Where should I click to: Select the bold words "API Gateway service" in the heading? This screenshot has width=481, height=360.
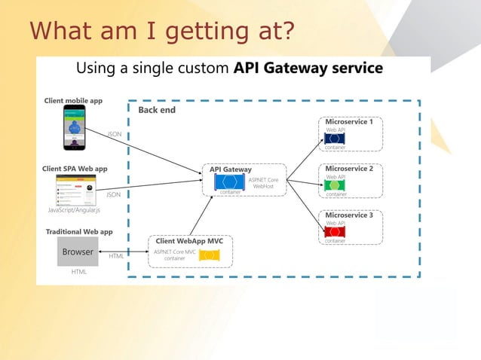coord(308,69)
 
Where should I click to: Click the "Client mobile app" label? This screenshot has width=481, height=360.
coord(73,100)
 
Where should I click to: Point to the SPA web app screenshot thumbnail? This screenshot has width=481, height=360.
coord(75,191)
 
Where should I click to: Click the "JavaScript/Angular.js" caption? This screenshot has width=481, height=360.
coord(74,210)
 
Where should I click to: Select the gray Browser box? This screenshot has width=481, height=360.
coord(78,252)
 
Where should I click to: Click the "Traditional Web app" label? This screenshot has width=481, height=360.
coord(79,232)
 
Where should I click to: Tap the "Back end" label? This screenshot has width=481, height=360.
coord(157,110)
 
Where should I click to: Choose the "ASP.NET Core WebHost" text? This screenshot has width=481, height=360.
coord(263,183)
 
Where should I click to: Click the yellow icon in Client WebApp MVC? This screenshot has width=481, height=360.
coord(208,255)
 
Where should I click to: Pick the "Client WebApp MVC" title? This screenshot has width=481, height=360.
coord(189,241)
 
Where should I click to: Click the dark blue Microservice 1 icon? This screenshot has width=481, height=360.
coord(334,139)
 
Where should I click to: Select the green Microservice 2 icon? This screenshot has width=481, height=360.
coord(334,185)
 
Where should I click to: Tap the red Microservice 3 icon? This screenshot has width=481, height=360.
coord(334,232)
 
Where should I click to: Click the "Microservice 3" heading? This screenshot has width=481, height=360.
coord(349,215)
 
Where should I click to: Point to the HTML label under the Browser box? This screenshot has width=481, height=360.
coord(78,271)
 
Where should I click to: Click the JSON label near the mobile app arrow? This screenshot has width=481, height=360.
coord(115,134)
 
